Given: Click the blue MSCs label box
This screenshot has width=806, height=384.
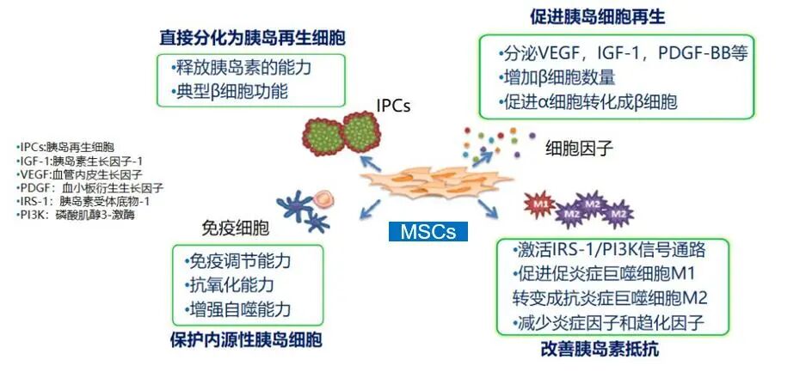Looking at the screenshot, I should [x=428, y=231].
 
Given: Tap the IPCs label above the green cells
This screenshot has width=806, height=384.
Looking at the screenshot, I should [x=393, y=106].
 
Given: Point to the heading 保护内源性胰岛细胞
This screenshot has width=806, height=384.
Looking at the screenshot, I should [x=247, y=340].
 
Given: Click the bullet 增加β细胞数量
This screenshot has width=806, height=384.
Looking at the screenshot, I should [x=560, y=77].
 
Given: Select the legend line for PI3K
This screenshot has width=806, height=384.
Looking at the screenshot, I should [x=76, y=213].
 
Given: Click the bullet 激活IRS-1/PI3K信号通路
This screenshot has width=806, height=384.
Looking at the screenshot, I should [x=611, y=251].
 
